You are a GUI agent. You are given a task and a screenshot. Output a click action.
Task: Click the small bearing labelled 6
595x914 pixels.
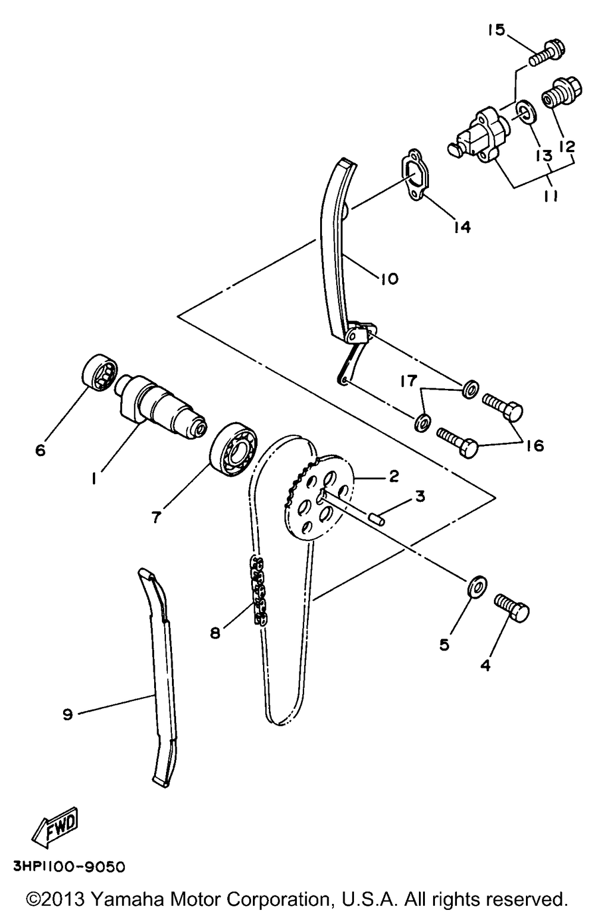click(x=99, y=372)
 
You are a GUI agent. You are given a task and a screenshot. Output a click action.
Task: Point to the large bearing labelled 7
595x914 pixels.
click(x=233, y=449)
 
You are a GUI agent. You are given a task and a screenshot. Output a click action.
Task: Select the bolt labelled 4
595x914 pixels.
click(x=512, y=608)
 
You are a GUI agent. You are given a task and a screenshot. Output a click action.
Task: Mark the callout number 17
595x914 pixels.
click(x=408, y=381)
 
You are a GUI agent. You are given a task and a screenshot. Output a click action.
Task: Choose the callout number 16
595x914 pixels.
click(x=535, y=445)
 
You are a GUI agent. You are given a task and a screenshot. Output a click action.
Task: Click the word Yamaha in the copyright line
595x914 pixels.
click(x=127, y=899)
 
